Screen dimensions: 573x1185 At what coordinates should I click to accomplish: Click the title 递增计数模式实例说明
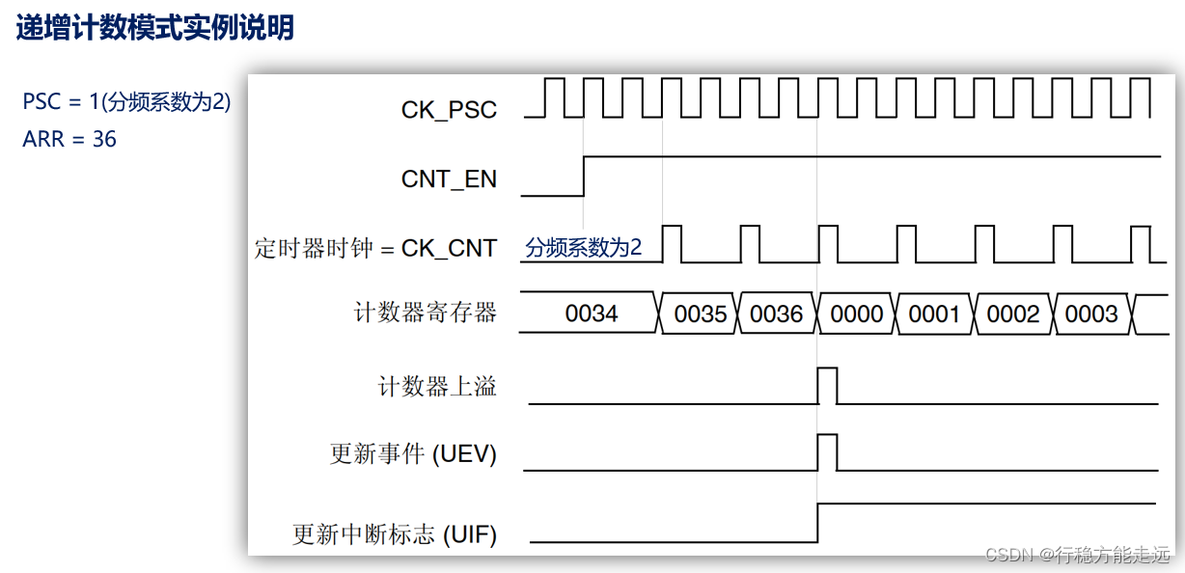[155, 28]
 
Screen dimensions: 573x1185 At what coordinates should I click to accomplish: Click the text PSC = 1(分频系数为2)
[126, 101]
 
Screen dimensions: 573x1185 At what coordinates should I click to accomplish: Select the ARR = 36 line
[69, 139]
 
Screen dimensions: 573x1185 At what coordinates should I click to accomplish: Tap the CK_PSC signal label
[449, 110]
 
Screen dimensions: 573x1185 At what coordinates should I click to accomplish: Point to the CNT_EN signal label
[449, 178]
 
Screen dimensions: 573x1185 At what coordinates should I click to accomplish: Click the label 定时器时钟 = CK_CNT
[375, 248]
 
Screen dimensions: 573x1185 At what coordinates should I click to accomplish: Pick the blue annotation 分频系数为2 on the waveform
[583, 247]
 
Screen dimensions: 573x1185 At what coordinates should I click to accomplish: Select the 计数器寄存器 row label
[426, 313]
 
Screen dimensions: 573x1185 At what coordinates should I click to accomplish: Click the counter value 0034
[592, 314]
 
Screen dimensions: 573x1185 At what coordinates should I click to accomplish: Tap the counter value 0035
[701, 314]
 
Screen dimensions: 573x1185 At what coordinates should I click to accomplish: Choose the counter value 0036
[777, 314]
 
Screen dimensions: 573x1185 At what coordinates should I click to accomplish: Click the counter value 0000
[857, 314]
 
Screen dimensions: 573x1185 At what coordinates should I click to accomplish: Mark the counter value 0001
[934, 314]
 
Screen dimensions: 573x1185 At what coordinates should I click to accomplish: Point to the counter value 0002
[1013, 314]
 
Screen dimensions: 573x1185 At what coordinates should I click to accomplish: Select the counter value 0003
[1091, 314]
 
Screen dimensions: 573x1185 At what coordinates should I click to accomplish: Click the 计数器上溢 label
[437, 387]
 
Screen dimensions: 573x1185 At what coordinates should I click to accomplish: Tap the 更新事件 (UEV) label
[413, 453]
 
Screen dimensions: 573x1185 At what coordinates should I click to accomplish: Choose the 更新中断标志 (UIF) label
[395, 533]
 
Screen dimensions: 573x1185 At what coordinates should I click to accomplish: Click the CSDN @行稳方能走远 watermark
[1078, 554]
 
